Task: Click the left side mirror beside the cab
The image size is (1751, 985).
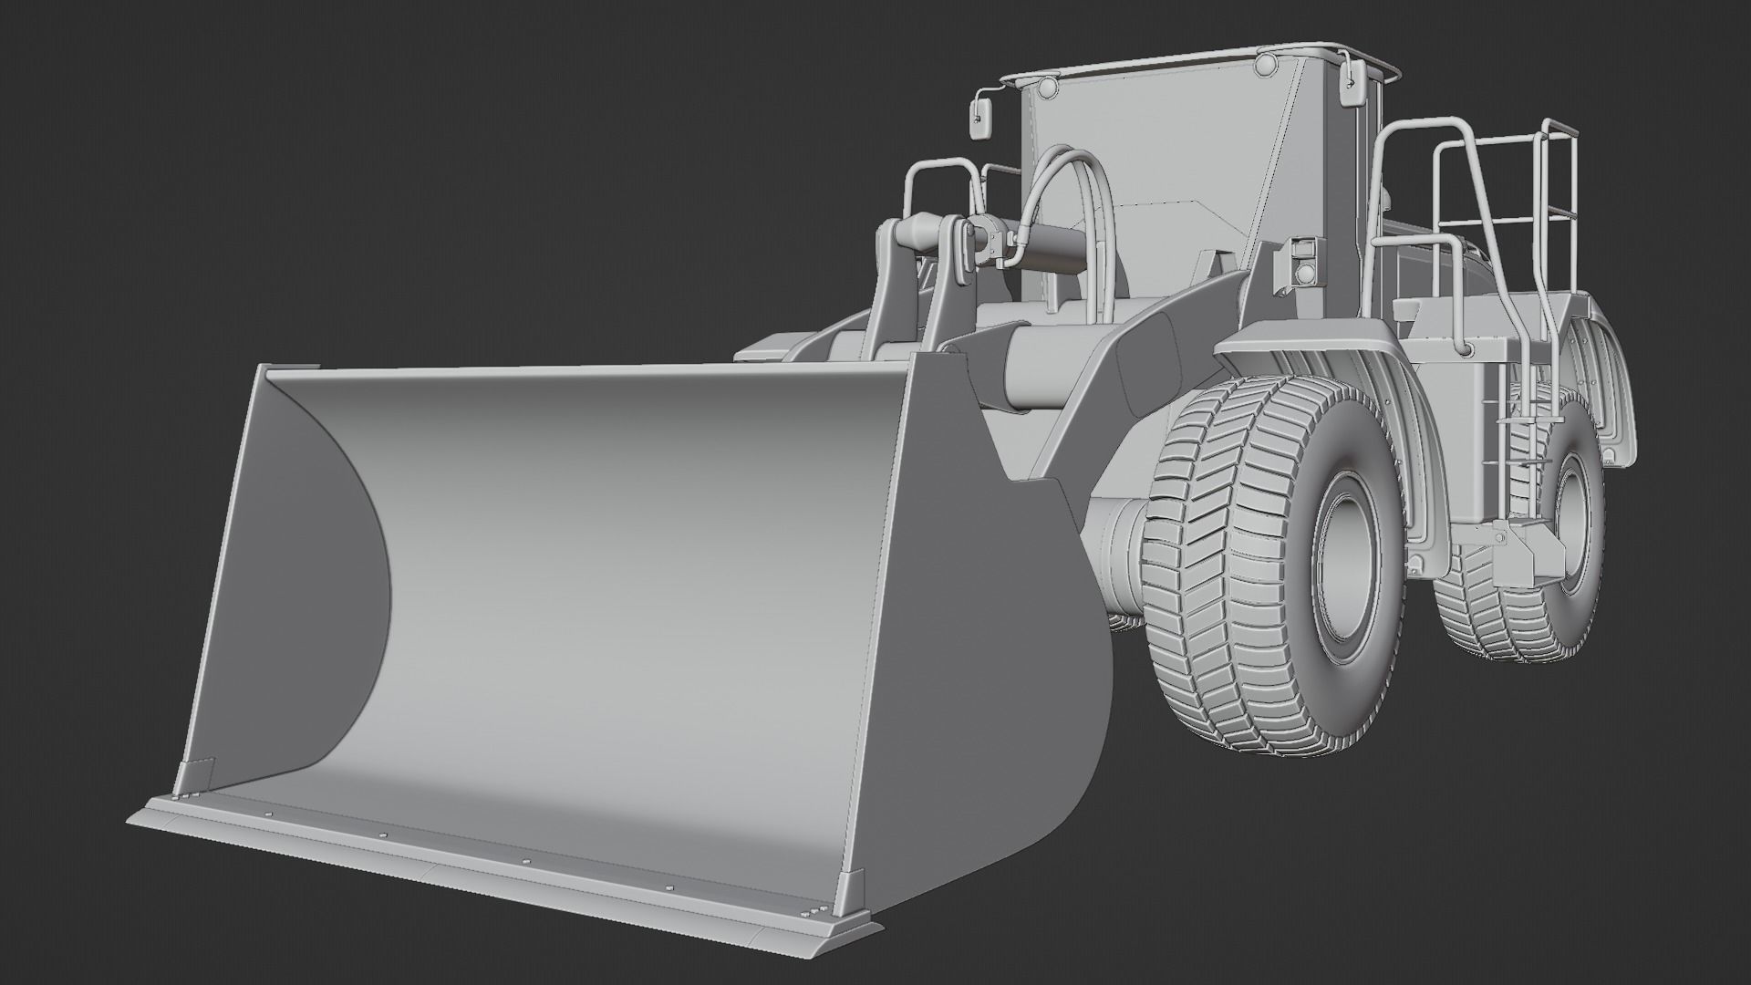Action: pos(980,119)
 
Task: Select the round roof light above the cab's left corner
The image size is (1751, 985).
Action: pos(1046,88)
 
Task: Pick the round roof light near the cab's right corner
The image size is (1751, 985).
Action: pos(1265,65)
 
